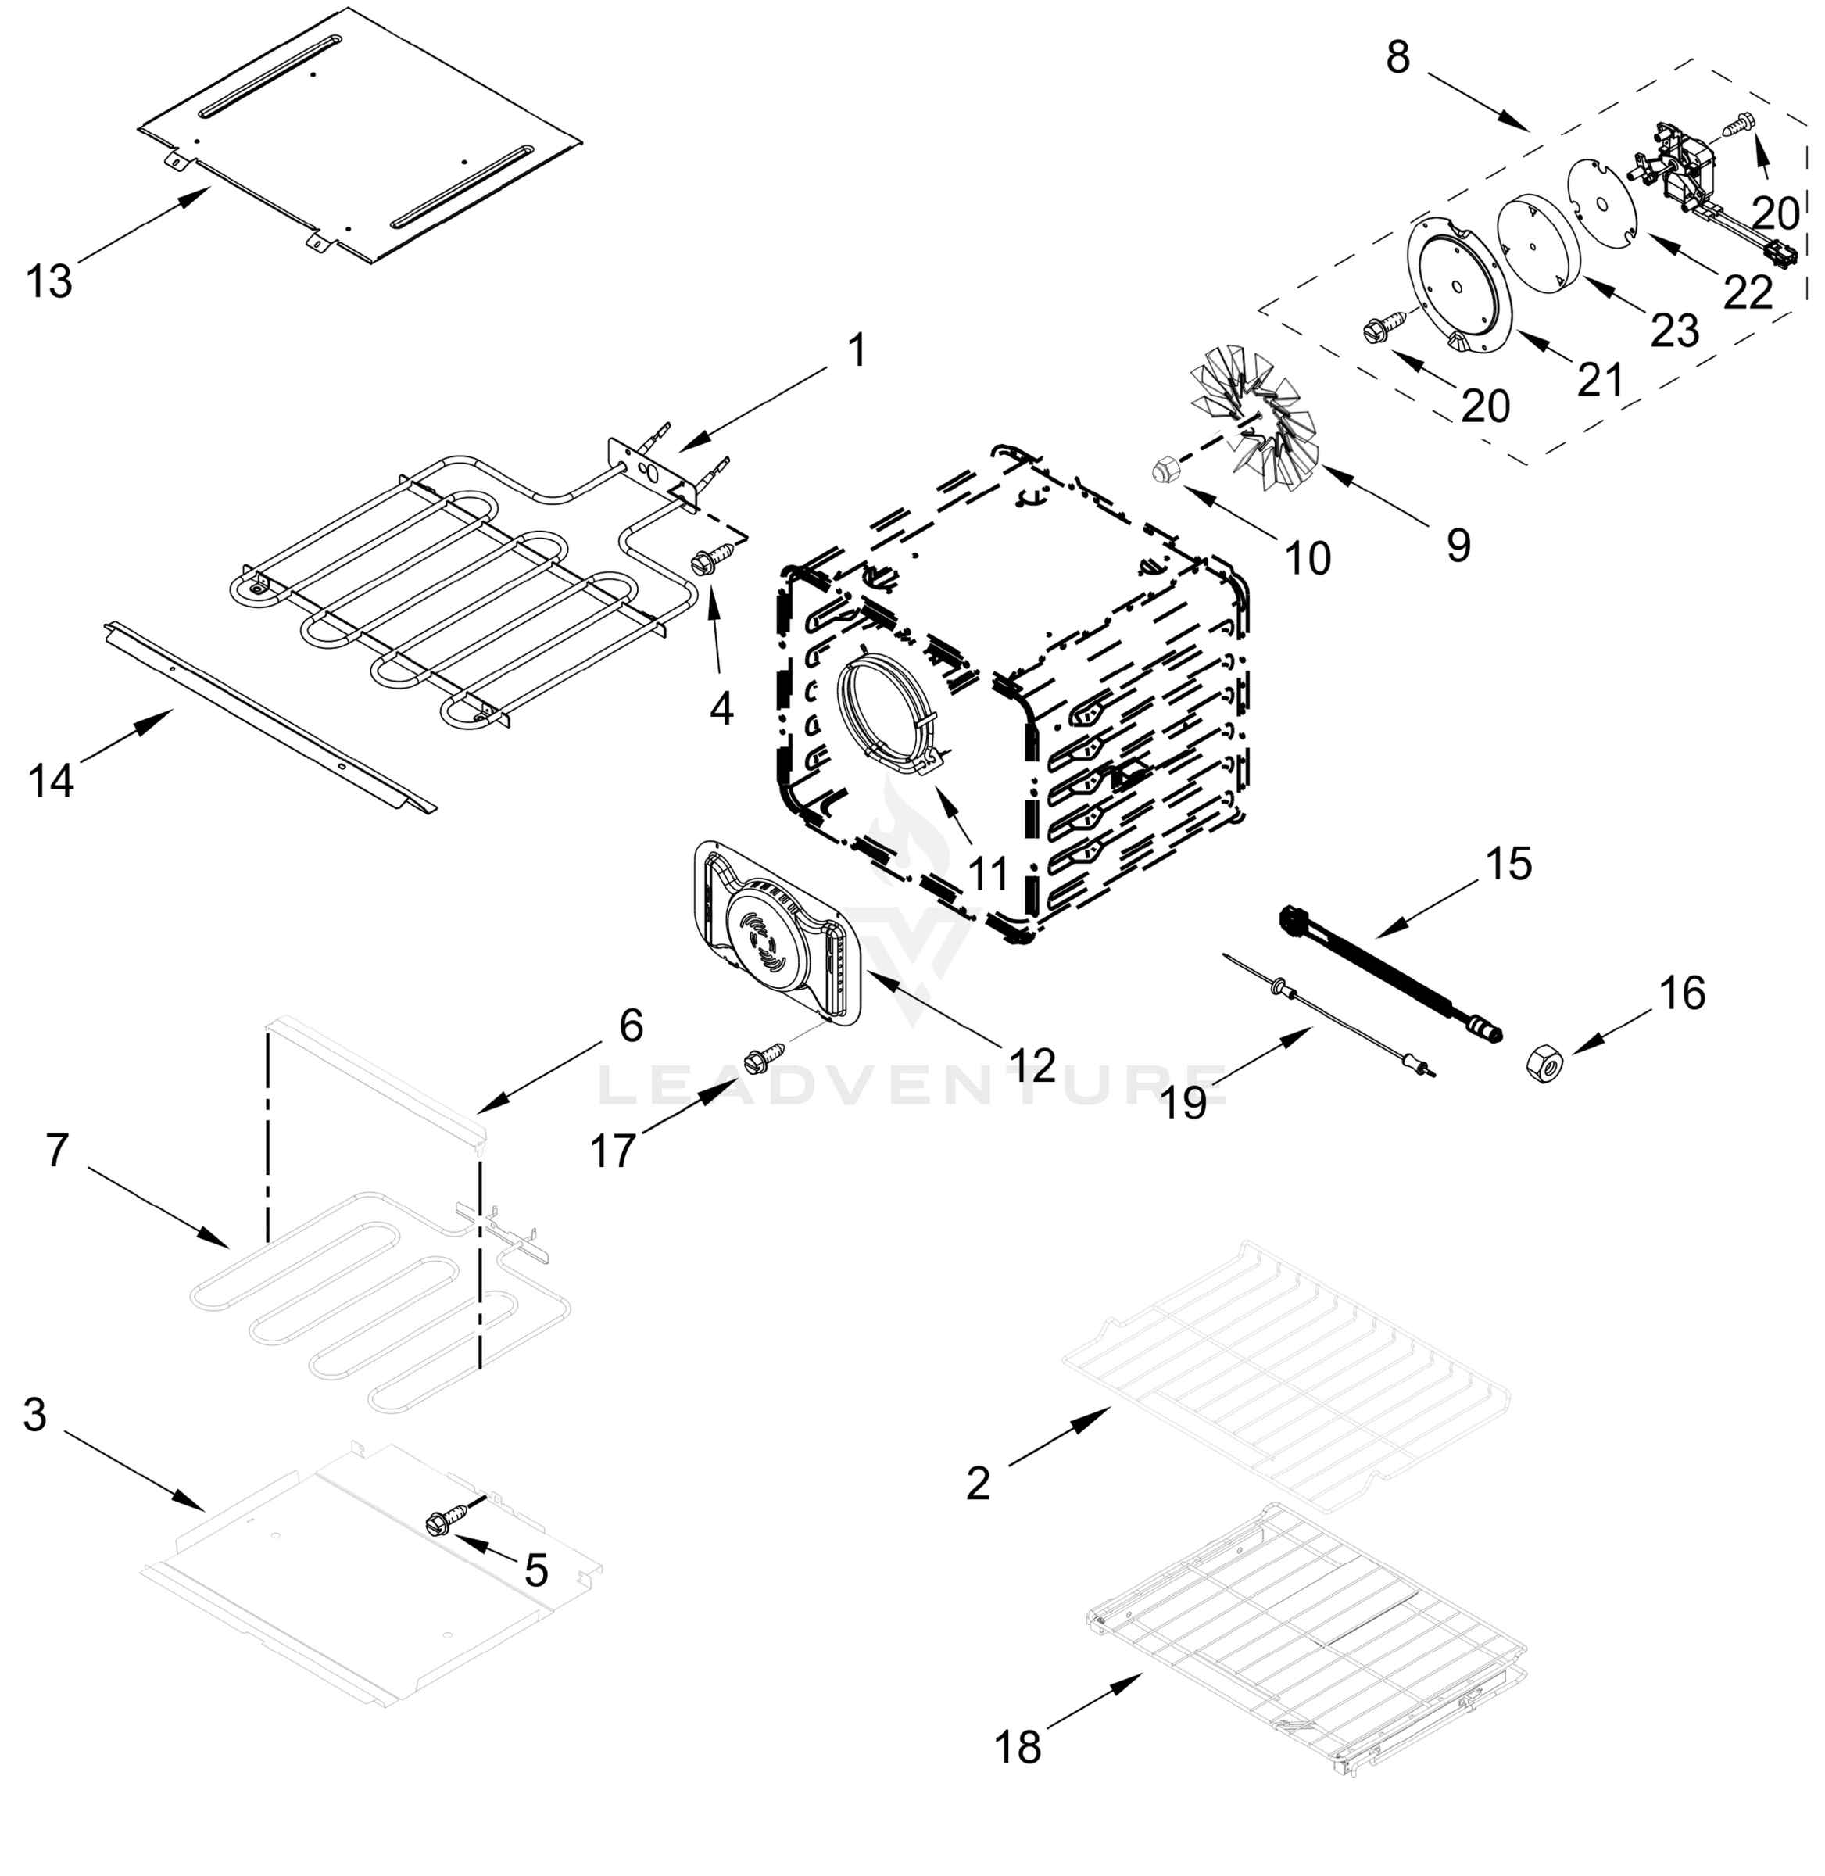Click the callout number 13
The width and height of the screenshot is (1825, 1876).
(49, 283)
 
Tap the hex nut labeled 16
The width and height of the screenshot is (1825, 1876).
(1546, 1065)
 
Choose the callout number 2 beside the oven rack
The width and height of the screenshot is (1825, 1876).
(978, 1484)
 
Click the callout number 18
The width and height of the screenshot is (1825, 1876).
(1018, 1748)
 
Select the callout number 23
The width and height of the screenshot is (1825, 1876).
(1674, 330)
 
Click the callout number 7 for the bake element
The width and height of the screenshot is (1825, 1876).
(58, 1151)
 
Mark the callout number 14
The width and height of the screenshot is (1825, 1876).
(51, 781)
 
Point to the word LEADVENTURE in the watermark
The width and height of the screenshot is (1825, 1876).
(911, 1086)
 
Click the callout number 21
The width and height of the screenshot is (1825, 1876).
(1601, 380)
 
